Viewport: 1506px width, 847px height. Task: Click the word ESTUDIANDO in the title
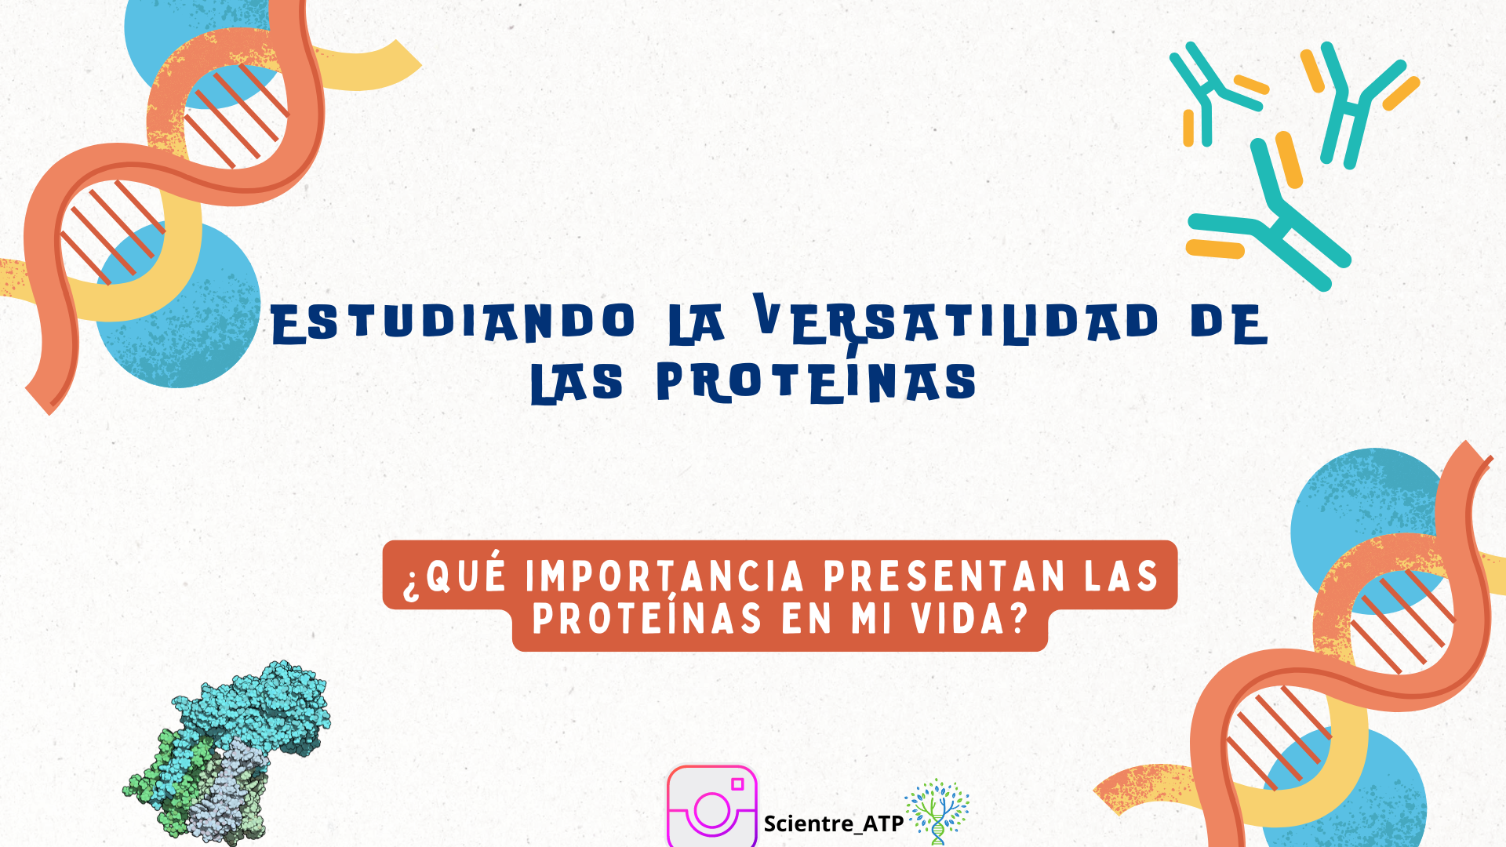click(453, 322)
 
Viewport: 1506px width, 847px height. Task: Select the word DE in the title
click(1228, 322)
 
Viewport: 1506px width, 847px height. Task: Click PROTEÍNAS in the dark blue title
click(817, 381)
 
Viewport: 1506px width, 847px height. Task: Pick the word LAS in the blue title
click(577, 384)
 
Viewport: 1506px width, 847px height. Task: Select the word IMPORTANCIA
click(665, 576)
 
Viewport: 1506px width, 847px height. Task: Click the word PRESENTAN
click(944, 576)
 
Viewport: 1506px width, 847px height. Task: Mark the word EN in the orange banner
click(806, 619)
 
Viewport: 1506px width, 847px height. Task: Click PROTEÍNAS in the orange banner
click(647, 617)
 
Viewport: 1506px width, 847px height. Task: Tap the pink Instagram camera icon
click(712, 806)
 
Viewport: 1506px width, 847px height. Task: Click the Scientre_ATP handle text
click(834, 823)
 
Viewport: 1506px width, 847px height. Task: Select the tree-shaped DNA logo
click(937, 812)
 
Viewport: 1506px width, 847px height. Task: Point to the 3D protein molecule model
click(227, 753)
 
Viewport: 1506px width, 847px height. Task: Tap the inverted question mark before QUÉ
click(412, 584)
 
